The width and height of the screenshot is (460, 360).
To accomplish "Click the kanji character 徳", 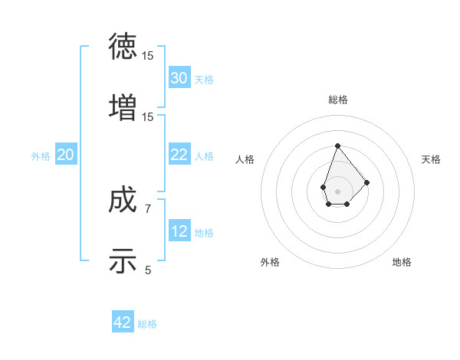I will click(x=123, y=47).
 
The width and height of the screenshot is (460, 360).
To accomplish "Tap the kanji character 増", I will click(x=123, y=106).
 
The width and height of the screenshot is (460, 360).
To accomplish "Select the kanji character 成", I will click(x=123, y=201).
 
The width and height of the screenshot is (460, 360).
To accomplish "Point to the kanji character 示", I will click(x=123, y=260).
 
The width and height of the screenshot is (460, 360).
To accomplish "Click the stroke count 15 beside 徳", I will click(x=148, y=56).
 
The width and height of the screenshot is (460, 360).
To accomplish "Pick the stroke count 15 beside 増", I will click(x=148, y=116).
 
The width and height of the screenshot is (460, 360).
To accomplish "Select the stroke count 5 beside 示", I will click(x=148, y=269).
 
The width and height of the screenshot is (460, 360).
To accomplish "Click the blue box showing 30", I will click(x=179, y=78).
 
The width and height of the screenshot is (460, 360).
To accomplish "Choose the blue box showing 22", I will click(x=179, y=155).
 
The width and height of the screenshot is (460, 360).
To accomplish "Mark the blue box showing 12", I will click(x=179, y=231).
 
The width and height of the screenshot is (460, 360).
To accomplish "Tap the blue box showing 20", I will click(x=65, y=155).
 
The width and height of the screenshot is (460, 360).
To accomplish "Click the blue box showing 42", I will click(x=123, y=322).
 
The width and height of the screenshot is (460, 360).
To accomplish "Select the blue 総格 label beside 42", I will click(x=147, y=324).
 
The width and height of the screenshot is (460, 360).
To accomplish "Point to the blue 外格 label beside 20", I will click(x=41, y=156).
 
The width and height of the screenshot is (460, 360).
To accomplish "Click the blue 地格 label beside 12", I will click(x=204, y=233).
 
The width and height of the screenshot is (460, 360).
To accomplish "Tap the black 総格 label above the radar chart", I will click(x=337, y=100).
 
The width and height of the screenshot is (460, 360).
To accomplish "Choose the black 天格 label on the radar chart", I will click(x=431, y=159).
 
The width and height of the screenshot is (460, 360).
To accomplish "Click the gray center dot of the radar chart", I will click(x=337, y=190).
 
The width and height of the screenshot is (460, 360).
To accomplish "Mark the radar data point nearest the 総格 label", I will click(x=337, y=146).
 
